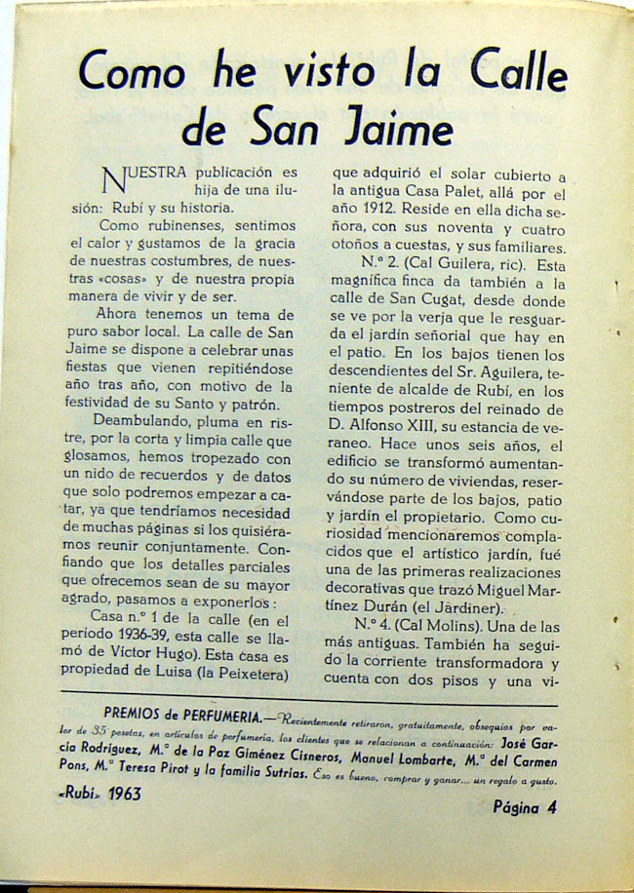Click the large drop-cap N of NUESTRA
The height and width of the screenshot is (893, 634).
click(x=113, y=178)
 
